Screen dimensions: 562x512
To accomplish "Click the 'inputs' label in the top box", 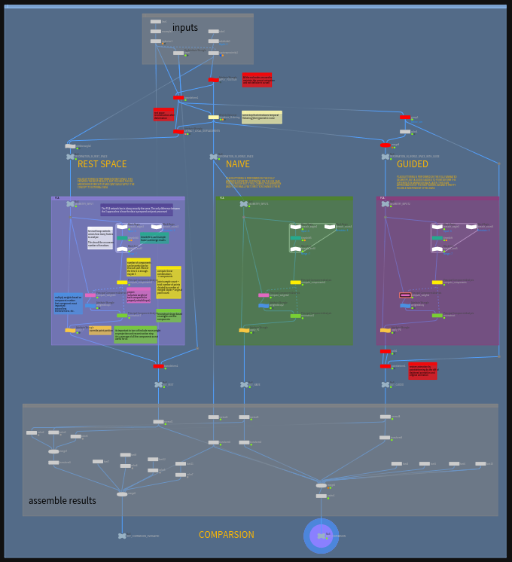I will tap(185, 28).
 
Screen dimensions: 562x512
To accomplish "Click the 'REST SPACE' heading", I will tap(102, 164).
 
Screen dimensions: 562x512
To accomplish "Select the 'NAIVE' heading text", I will tap(238, 164).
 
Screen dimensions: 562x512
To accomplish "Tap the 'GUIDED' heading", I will tap(412, 164).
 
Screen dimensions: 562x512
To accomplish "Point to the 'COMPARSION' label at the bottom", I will tap(227, 535).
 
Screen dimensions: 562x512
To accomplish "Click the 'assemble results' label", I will tap(62, 501).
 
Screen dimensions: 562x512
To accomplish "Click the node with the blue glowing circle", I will tap(322, 536).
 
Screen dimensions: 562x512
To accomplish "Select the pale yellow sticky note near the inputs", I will tap(261, 118).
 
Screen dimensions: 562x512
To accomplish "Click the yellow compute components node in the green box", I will tap(296, 283).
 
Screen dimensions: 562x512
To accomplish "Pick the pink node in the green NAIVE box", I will tap(264, 295).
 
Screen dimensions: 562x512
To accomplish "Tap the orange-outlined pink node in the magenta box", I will tap(405, 295).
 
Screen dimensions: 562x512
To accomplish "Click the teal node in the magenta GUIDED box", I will tap(437, 238).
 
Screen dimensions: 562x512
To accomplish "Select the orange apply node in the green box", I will tap(244, 330).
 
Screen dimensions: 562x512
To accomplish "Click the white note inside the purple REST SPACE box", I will tap(99, 238).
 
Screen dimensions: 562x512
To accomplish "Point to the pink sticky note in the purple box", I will tap(138, 295).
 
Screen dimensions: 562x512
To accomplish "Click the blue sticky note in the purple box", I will tap(68, 304).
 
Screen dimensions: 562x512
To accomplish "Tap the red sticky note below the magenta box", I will tap(423, 370).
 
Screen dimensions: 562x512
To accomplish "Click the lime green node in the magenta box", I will tap(437, 316).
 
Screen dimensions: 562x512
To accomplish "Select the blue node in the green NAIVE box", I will tap(264, 305).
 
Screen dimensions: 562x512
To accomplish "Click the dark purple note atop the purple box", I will tap(136, 209).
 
